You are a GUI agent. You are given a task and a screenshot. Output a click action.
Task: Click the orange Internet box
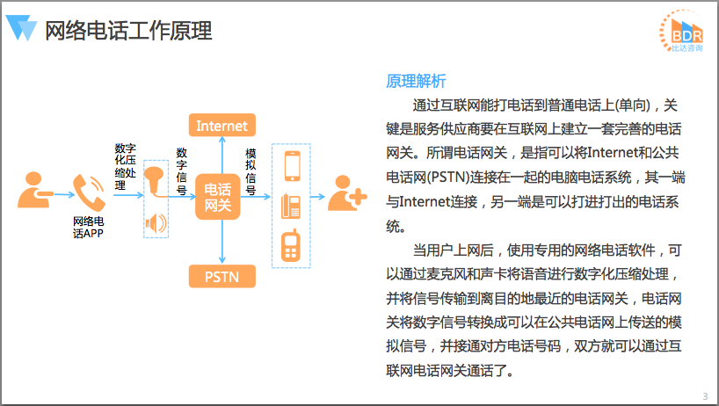(x=222, y=126)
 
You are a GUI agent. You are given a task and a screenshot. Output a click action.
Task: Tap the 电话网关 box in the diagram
(x=218, y=198)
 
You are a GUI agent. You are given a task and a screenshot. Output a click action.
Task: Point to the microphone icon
(x=156, y=180)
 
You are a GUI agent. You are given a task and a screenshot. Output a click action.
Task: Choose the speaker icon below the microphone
(x=156, y=223)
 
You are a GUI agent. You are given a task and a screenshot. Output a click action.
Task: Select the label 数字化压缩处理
(x=124, y=166)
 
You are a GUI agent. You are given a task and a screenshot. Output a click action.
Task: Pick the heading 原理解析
(x=416, y=81)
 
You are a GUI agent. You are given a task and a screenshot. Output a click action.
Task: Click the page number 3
(x=705, y=395)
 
